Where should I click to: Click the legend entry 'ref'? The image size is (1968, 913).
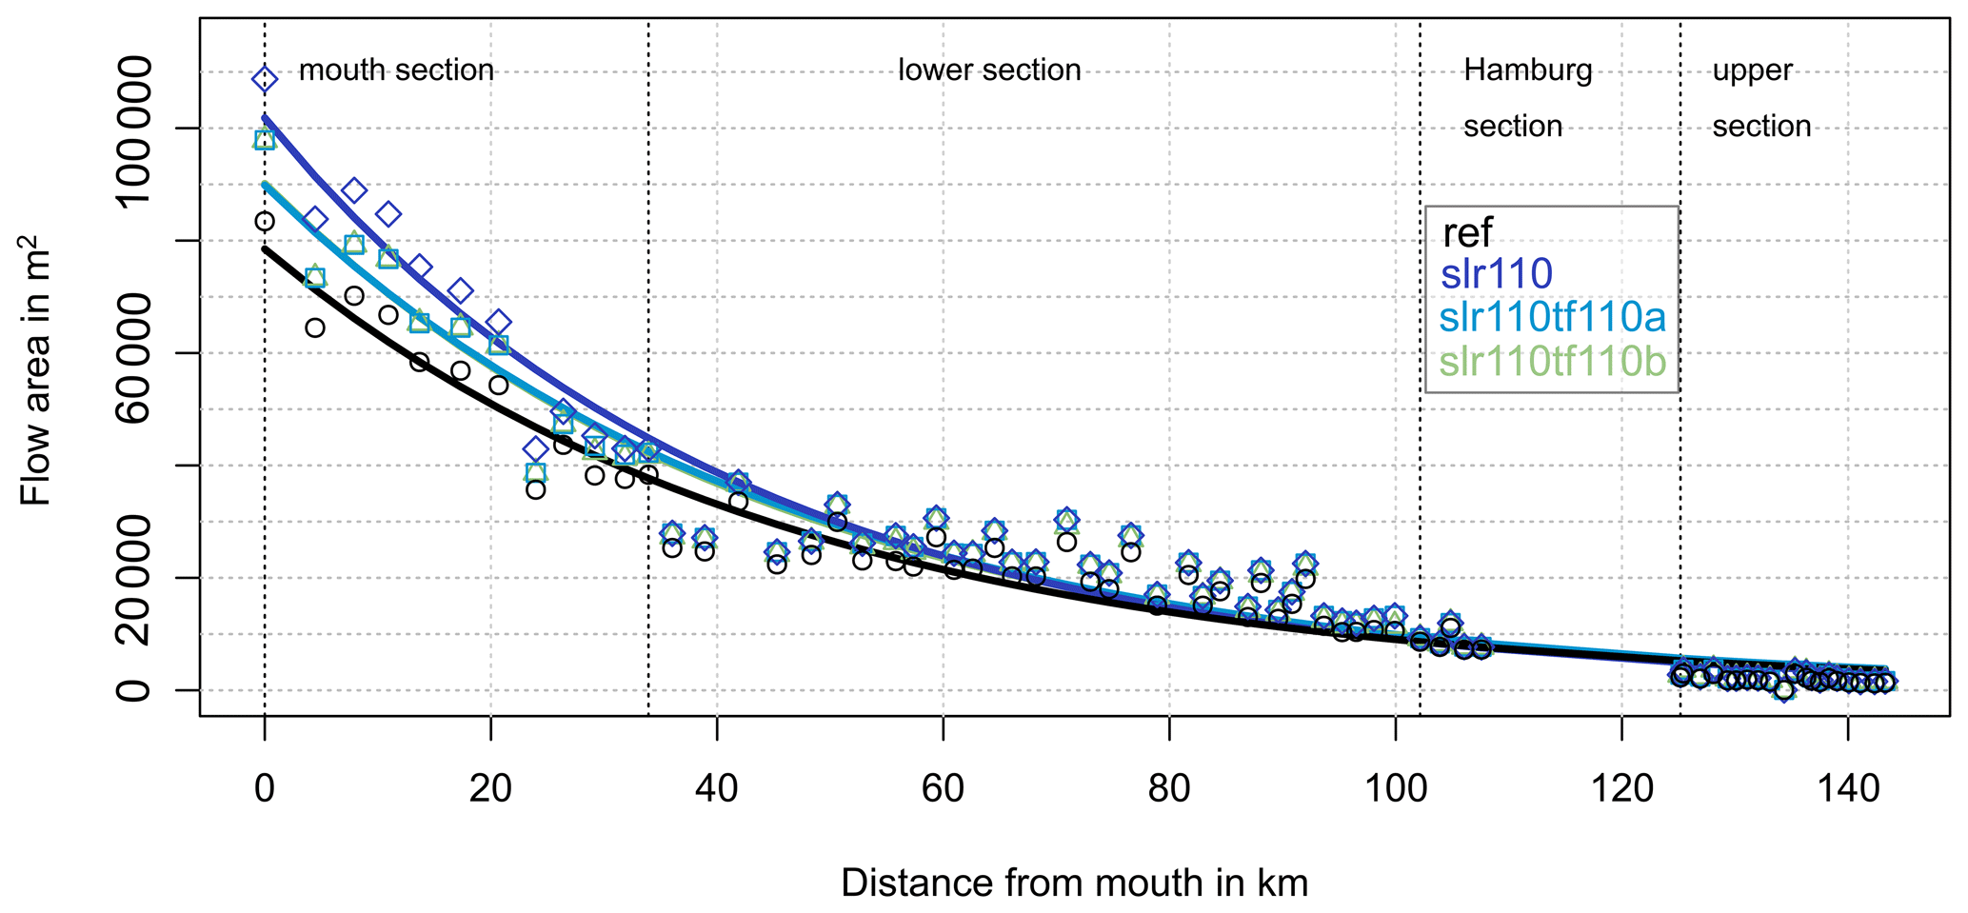click(1467, 232)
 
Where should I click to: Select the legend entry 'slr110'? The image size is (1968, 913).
click(1497, 274)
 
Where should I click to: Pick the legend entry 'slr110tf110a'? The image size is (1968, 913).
click(1552, 317)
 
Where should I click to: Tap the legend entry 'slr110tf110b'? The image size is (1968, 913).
click(1552, 362)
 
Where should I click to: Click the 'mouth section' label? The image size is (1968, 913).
click(396, 70)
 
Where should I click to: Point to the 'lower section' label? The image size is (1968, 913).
click(989, 70)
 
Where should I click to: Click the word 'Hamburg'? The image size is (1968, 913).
click(1527, 70)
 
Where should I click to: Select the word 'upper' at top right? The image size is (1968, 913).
click(1752, 70)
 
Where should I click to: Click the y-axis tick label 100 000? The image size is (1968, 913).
click(133, 129)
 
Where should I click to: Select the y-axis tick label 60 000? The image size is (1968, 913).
click(133, 353)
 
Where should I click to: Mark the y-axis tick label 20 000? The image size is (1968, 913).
click(133, 578)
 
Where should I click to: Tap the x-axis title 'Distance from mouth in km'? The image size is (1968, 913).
click(1074, 883)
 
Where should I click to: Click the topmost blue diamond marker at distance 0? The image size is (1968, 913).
click(265, 79)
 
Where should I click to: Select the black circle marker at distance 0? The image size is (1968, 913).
click(265, 222)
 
